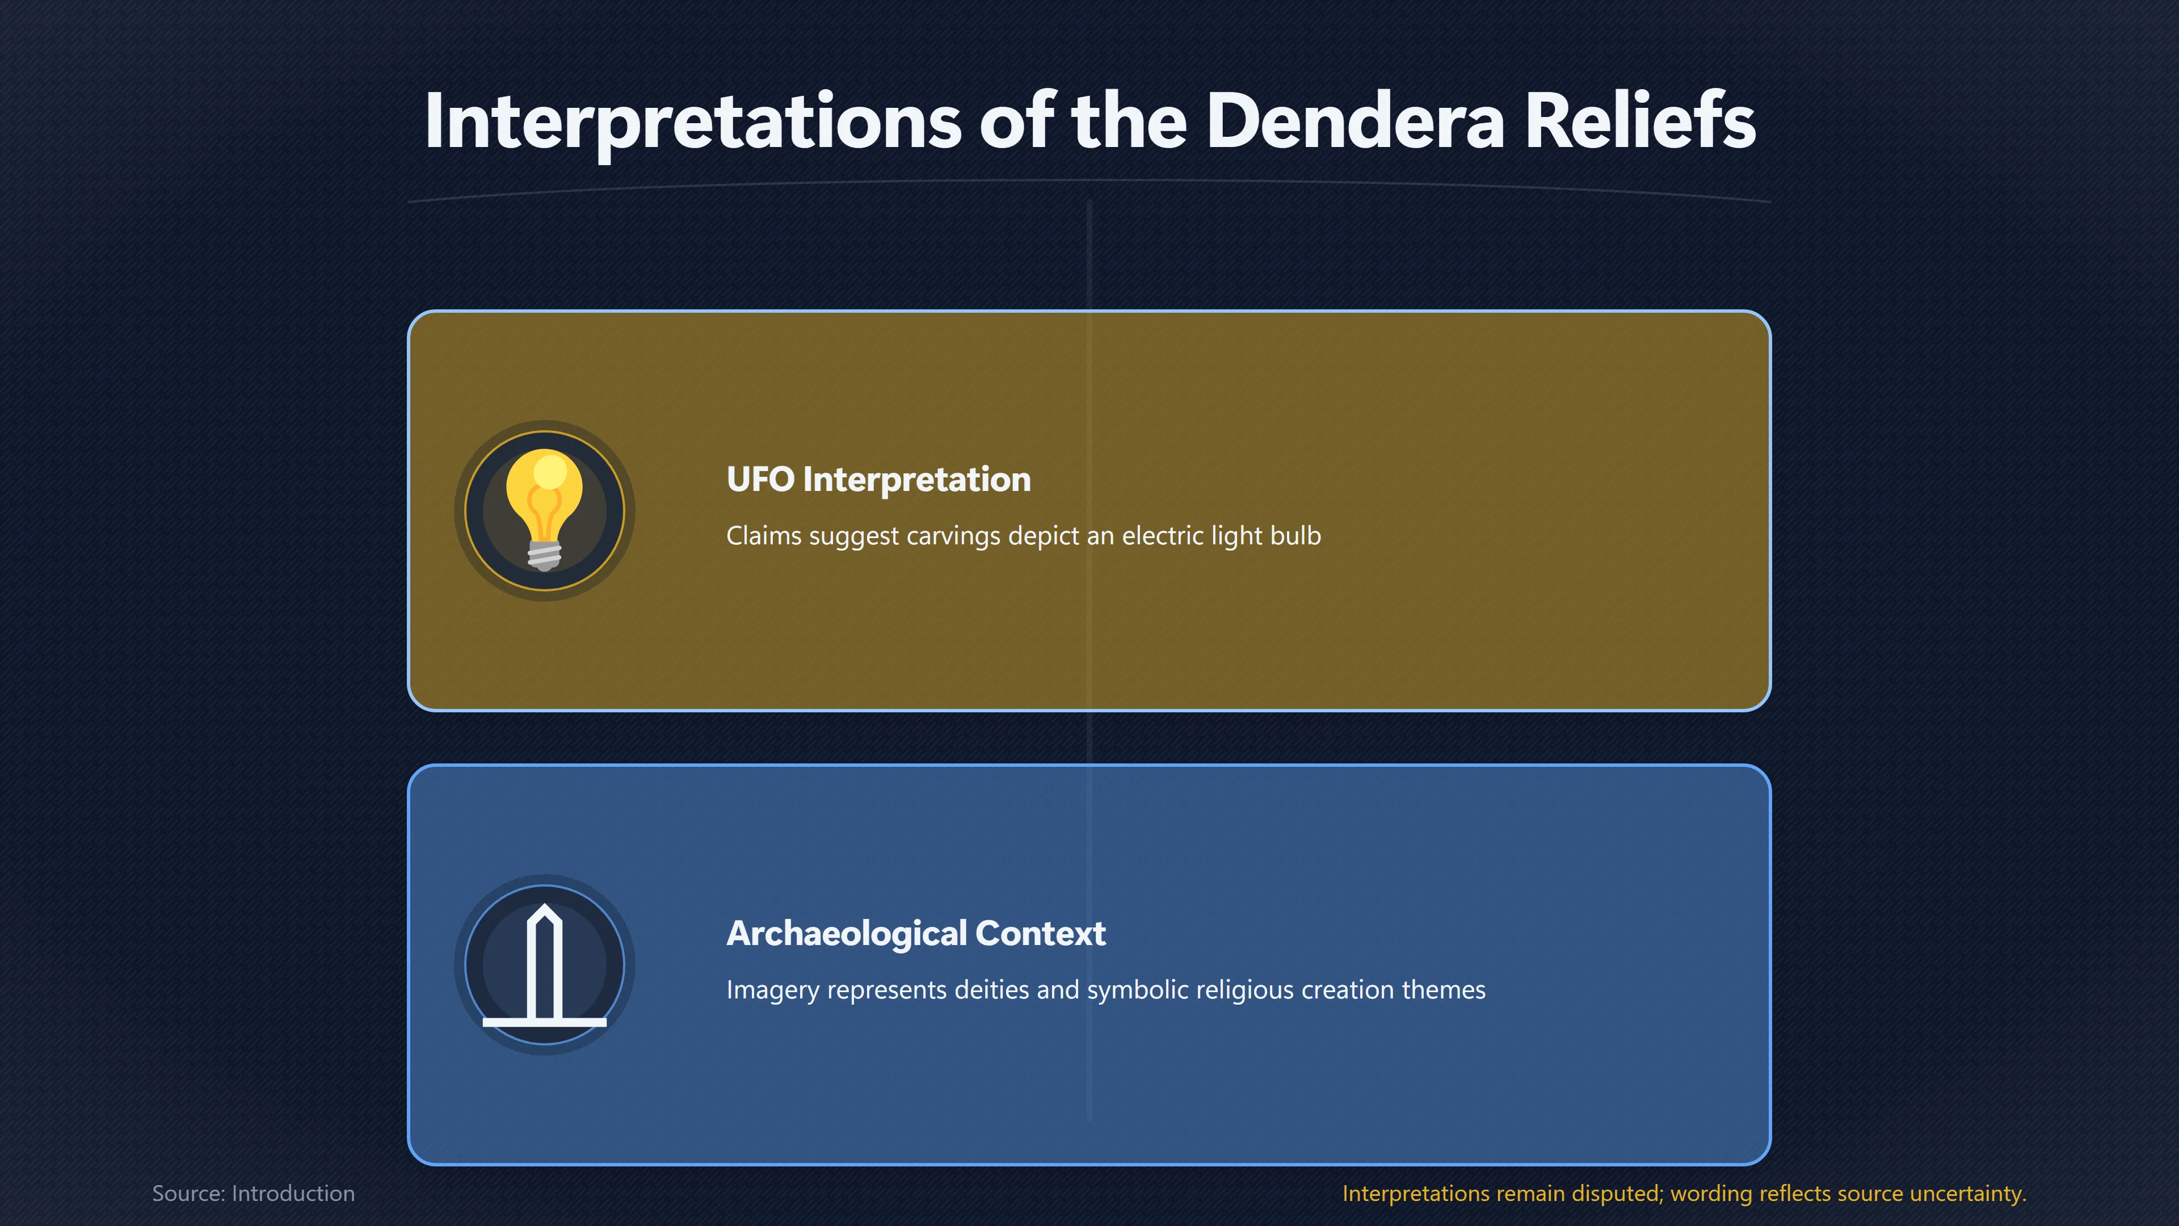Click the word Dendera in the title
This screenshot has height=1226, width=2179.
1355,120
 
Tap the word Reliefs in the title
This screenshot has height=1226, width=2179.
1640,120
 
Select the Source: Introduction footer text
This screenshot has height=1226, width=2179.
254,1193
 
